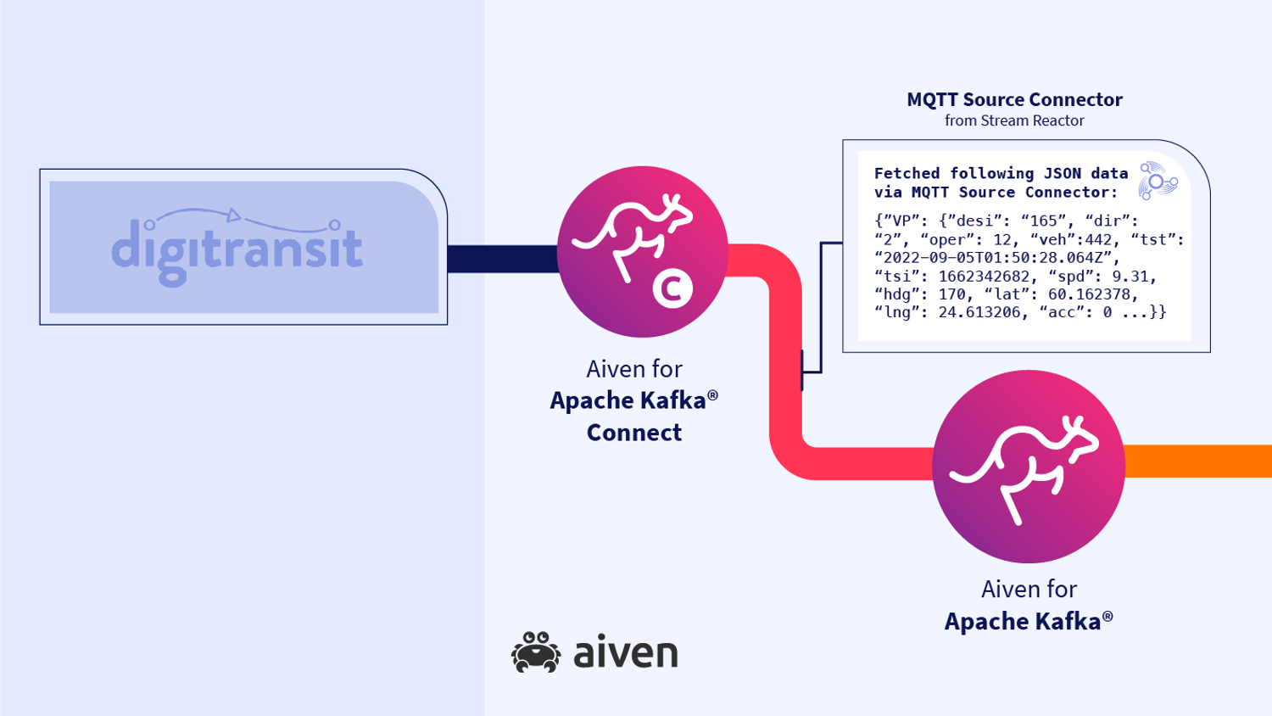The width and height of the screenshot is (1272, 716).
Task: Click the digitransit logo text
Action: [x=237, y=249]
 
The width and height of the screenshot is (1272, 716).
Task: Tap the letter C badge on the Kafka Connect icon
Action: [x=672, y=288]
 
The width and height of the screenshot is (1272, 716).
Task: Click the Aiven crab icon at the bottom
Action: [x=536, y=652]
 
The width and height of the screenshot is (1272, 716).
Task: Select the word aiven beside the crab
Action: [x=626, y=653]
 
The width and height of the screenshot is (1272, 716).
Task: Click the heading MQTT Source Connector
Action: [x=1014, y=100]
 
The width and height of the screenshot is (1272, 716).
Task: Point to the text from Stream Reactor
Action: [x=1014, y=121]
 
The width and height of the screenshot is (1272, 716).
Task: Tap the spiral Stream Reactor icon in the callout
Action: [x=1158, y=181]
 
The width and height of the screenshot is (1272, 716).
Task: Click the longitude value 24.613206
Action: [x=979, y=312]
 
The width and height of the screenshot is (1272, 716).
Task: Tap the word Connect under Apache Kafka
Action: [x=634, y=433]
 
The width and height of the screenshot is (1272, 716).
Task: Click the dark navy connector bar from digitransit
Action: [x=502, y=259]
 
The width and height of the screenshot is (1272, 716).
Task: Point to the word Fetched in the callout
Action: [x=907, y=174]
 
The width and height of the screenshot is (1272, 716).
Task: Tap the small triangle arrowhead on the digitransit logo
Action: [x=234, y=215]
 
